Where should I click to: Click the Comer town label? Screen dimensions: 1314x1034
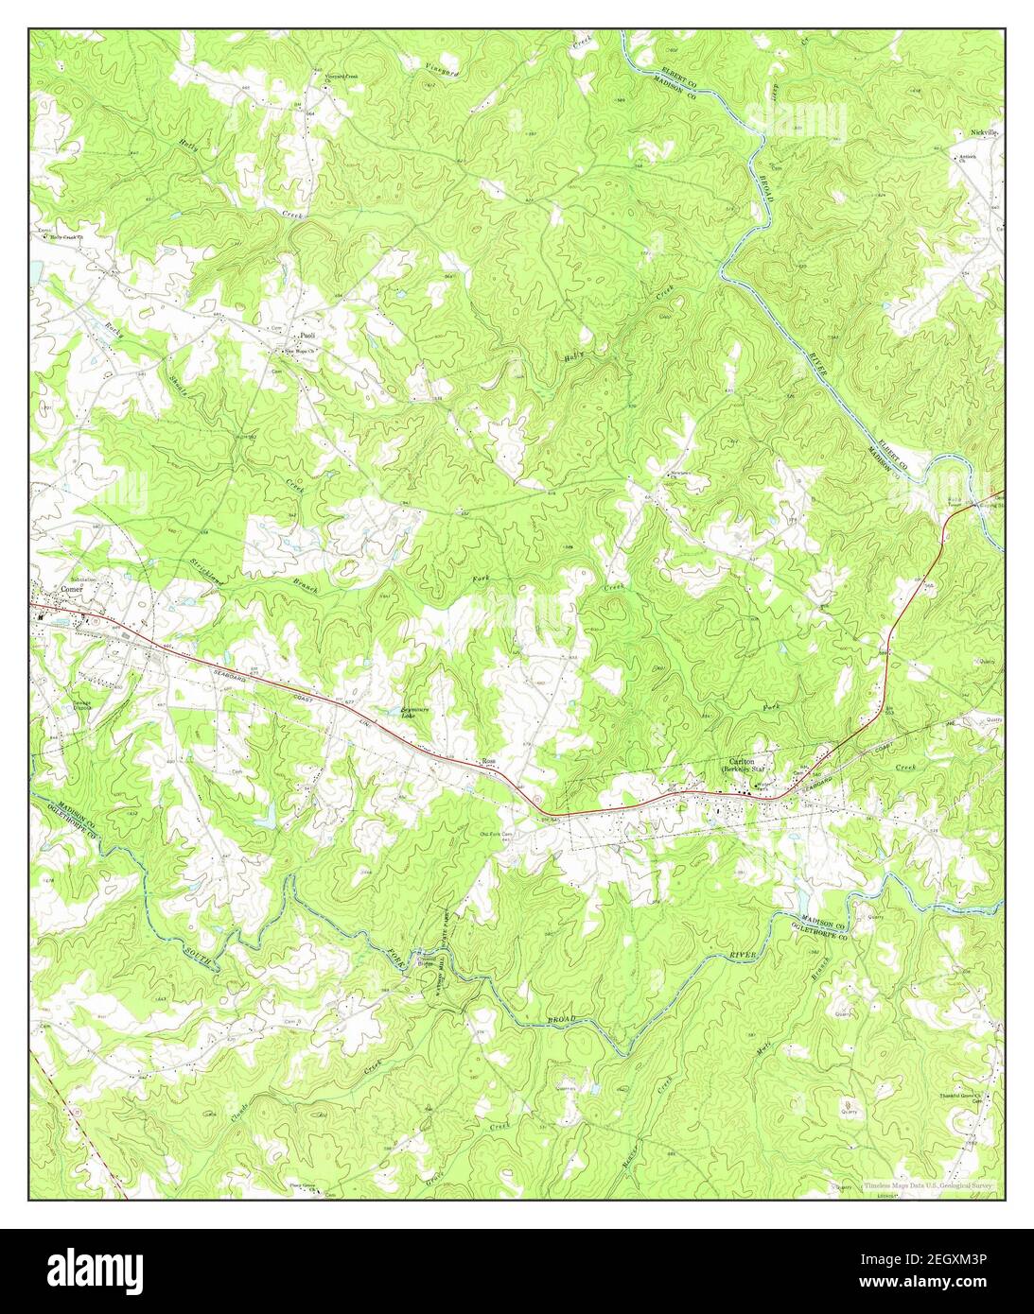(72, 588)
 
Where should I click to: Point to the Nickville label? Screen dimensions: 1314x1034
(985, 133)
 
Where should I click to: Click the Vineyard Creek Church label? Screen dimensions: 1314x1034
(342, 76)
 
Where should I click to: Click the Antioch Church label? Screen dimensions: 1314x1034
(967, 157)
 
